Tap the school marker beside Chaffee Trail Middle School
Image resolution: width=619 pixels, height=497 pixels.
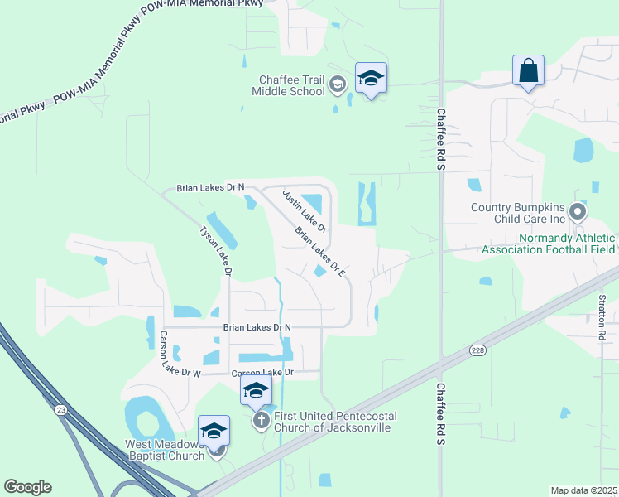click(371, 79)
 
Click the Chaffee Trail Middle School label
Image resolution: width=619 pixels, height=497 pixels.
click(291, 84)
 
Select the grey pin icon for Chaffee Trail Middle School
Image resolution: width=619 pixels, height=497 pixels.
click(337, 84)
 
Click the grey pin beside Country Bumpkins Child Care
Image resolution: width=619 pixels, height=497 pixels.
click(578, 212)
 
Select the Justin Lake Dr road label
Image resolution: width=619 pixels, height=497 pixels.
click(305, 210)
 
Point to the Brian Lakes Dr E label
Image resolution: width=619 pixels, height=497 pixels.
click(319, 253)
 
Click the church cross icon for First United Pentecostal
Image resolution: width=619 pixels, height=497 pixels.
click(261, 421)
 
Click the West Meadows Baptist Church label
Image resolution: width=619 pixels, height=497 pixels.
click(164, 450)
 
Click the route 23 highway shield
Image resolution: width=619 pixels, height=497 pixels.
click(60, 409)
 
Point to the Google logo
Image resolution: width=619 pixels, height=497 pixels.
click(27, 487)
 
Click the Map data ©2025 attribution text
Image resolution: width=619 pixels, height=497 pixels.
click(583, 490)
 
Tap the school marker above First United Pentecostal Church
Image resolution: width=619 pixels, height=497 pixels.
click(256, 390)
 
